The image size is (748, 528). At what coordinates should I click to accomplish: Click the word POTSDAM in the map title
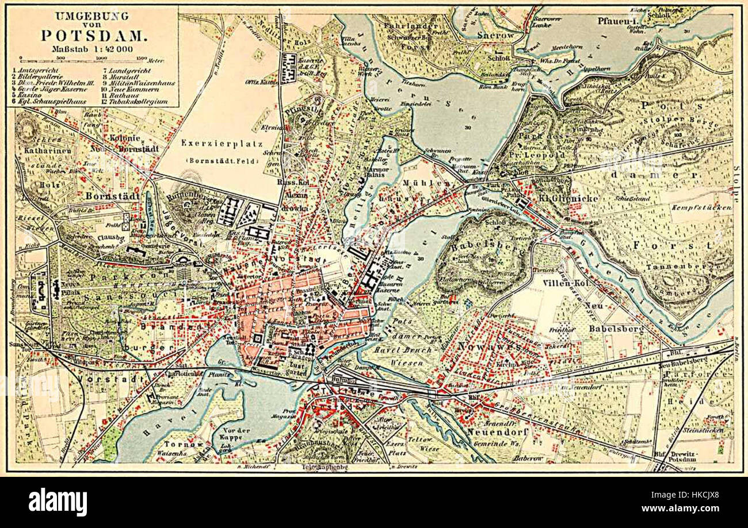[93, 34]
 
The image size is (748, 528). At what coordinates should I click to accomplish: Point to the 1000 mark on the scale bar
[102, 58]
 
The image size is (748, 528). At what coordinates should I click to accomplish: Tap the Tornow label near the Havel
[177, 444]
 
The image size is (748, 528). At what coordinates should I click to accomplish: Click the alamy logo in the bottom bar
[58, 502]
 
